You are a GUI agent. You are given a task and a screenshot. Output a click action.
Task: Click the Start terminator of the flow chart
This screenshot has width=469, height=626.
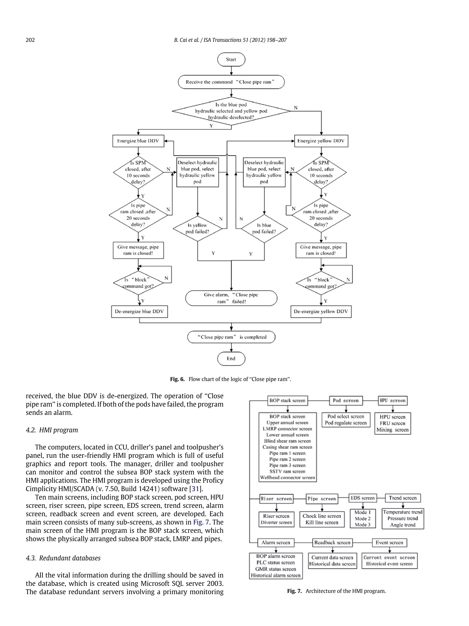point(231,59)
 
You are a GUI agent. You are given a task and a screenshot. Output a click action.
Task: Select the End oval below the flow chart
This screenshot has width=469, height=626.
point(231,359)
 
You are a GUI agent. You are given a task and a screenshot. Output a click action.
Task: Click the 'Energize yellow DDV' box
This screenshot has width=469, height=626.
point(321,141)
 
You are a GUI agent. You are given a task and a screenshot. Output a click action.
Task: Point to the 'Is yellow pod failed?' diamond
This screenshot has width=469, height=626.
point(197,228)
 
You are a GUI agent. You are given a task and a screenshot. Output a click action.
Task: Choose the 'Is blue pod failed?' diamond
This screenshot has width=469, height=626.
point(264,228)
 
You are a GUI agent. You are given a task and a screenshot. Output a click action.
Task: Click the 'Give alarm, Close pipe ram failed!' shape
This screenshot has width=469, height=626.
point(231,298)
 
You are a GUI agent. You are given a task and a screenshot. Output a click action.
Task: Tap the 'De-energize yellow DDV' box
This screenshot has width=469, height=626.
point(321,312)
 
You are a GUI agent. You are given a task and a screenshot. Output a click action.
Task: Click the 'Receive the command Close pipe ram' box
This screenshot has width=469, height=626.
point(231,82)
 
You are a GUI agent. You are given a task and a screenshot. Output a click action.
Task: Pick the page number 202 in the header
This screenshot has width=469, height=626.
point(30,40)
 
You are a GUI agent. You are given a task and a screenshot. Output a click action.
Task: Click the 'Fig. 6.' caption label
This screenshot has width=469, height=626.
point(177,379)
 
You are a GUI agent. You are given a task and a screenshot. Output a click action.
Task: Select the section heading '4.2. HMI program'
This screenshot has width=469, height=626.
point(52,430)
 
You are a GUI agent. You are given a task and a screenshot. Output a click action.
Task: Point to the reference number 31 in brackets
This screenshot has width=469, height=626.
point(195,489)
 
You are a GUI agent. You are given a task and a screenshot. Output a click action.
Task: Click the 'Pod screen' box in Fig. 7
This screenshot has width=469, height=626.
point(346,401)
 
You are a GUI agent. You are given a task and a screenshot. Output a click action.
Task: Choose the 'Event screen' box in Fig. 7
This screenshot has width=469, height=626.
point(389,543)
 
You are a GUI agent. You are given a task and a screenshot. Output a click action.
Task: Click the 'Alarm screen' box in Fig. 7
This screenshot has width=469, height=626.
point(276,543)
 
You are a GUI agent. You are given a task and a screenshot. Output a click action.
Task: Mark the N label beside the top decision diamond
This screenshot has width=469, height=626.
point(296,108)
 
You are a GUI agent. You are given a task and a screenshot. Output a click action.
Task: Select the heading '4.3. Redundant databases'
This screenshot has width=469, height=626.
point(63,558)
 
